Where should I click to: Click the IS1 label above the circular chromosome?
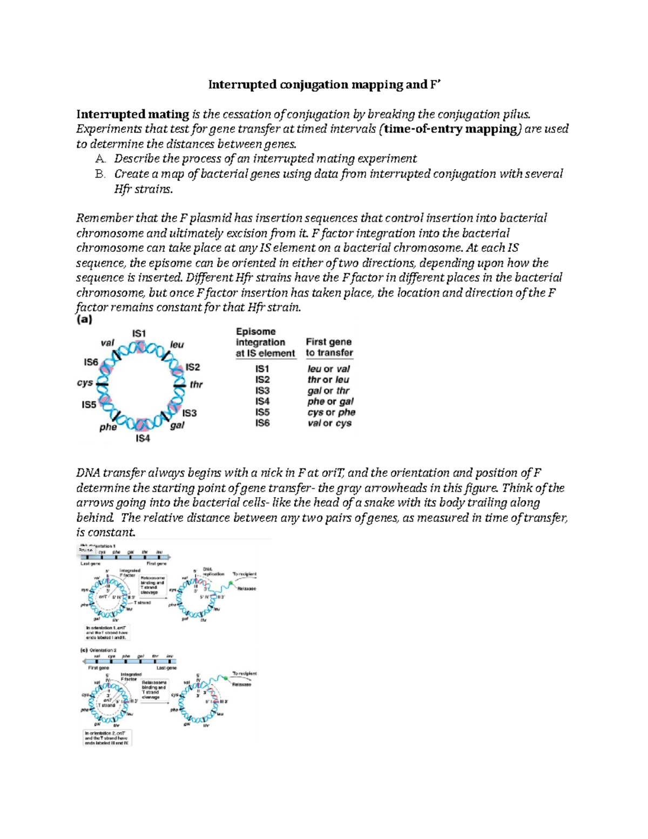point(139,333)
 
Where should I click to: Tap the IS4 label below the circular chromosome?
point(142,438)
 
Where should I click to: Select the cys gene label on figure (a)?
point(85,382)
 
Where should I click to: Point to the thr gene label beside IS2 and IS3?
point(196,385)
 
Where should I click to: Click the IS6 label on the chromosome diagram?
point(91,362)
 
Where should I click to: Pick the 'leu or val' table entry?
point(328,369)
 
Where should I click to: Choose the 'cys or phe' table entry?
point(331,412)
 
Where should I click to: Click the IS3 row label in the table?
point(262,391)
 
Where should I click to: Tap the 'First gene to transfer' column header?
point(329,347)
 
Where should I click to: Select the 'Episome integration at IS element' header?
point(265,343)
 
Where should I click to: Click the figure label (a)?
point(84,319)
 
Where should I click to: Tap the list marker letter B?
point(99,174)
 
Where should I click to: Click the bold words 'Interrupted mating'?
point(132,114)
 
